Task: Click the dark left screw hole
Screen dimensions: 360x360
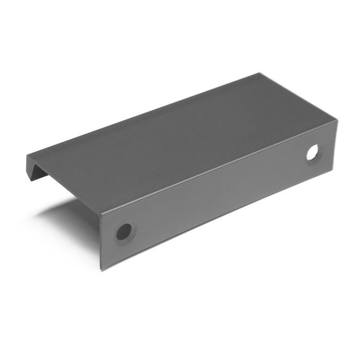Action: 123,231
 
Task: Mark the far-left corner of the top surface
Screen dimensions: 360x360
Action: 27,156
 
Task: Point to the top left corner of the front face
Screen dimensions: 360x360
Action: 101,211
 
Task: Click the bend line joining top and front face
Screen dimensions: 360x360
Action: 216,167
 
